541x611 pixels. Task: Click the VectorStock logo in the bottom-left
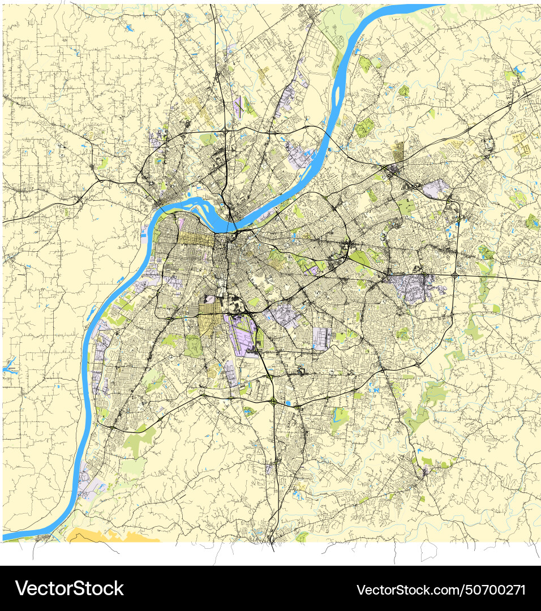pos(69,588)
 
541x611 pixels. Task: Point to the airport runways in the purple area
pos(244,336)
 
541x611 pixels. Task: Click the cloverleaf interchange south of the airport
pos(273,401)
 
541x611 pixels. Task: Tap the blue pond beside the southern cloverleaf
pos(295,405)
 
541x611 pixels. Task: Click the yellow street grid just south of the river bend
pos(195,240)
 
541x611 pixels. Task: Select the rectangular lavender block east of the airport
pos(322,338)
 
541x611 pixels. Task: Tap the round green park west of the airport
pos(192,345)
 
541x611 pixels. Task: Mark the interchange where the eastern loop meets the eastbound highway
pos(455,276)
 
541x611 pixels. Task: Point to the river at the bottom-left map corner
pos(17,536)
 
